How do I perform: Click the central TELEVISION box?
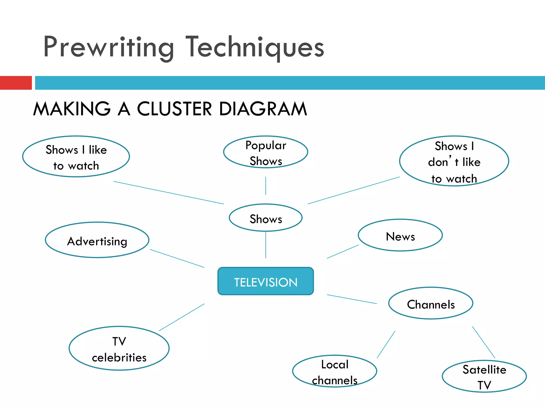pyautogui.click(x=266, y=281)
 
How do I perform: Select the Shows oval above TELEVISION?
pyautogui.click(x=266, y=218)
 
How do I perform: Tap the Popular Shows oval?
pyautogui.click(x=266, y=152)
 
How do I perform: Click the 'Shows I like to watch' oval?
pyautogui.click(x=76, y=157)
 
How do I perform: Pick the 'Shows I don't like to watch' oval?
pyautogui.click(x=454, y=161)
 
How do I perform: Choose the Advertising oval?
pyautogui.click(x=97, y=240)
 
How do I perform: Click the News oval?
pyautogui.click(x=400, y=235)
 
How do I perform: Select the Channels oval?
pyautogui.click(x=431, y=303)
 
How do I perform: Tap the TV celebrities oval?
pyautogui.click(x=119, y=348)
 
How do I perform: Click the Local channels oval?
pyautogui.click(x=335, y=371)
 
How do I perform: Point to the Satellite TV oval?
pyautogui.click(x=484, y=376)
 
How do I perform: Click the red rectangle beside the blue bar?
pyautogui.click(x=16, y=83)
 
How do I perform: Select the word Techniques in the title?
pyautogui.click(x=255, y=47)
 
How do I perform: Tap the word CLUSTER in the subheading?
pyautogui.click(x=174, y=109)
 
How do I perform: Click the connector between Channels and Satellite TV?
pyautogui.click(x=484, y=342)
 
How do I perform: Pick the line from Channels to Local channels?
pyautogui.click(x=386, y=344)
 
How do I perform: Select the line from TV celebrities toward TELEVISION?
pyautogui.click(x=182, y=317)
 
